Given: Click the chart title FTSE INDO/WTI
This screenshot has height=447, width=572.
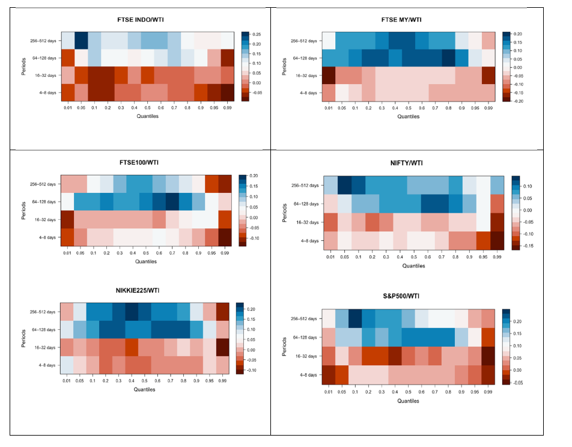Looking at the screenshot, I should coord(140,20).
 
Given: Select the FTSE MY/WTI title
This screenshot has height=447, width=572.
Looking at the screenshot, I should coord(403,20).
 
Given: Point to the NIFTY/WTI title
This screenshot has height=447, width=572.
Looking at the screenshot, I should coord(406,163).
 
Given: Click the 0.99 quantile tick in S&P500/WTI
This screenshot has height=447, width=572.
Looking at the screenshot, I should coord(487,392).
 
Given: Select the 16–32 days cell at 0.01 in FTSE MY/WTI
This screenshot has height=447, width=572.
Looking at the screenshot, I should coord(328,76).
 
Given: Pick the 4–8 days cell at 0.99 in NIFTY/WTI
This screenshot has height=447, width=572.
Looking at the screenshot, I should coord(497,240).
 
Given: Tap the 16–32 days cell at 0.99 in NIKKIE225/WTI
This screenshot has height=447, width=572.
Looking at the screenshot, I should coord(223,348).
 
